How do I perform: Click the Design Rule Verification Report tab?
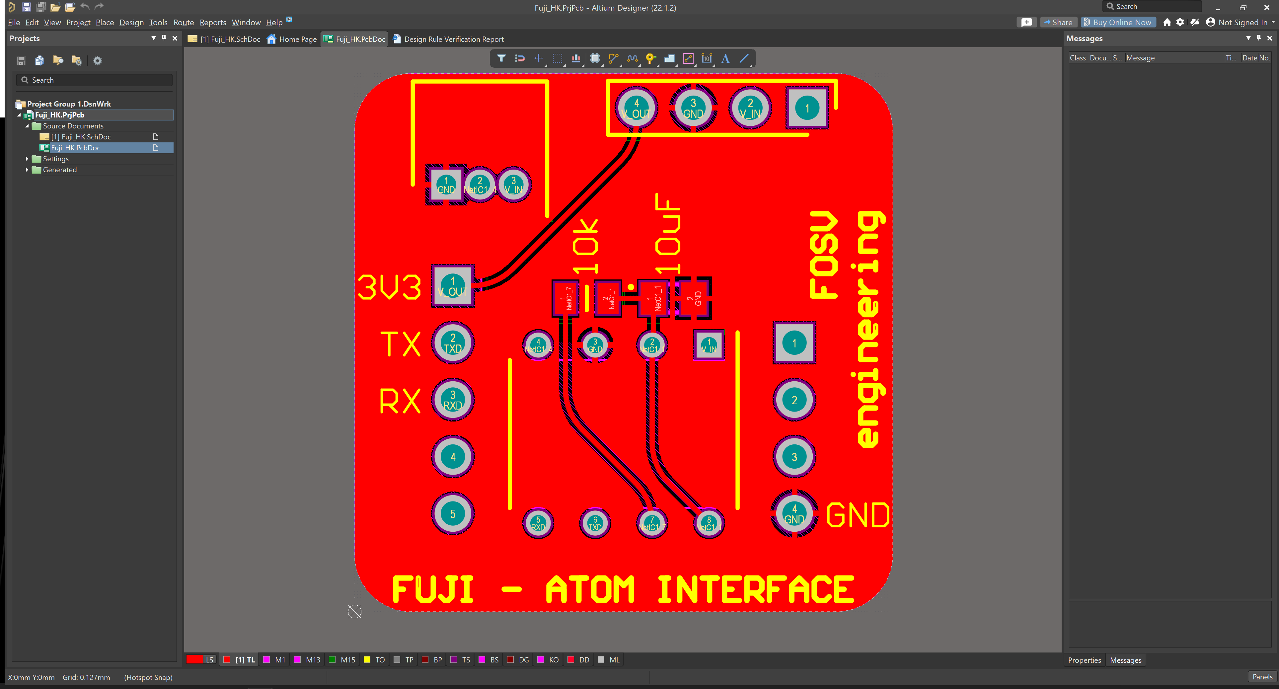click(453, 39)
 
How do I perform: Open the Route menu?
click(183, 22)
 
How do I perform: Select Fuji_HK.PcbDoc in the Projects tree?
click(75, 148)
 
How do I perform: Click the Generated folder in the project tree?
click(60, 170)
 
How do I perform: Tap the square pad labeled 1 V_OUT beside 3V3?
click(452, 286)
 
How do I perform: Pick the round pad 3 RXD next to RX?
click(452, 400)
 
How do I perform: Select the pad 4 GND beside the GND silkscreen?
click(794, 513)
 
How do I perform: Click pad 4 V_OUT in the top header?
click(636, 108)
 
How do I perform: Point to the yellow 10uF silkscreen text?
click(668, 233)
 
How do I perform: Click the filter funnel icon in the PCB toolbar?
click(501, 58)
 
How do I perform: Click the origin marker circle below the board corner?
click(354, 612)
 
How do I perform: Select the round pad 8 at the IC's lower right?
click(709, 523)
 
